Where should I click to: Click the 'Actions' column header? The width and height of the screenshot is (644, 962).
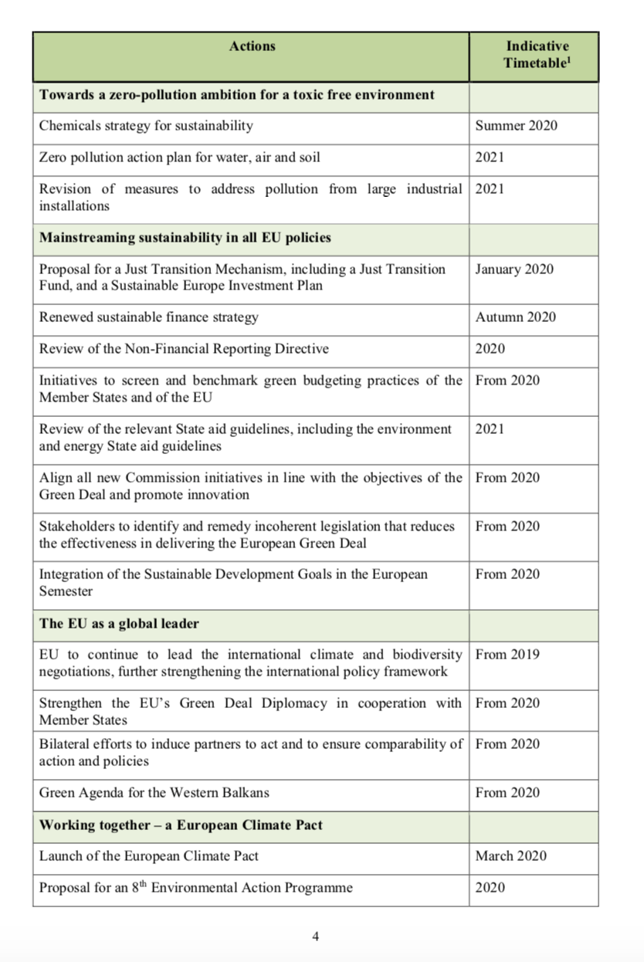coord(252,46)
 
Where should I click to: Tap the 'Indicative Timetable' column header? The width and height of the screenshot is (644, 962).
coord(537,55)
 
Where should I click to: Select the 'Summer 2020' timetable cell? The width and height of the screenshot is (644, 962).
coord(516,125)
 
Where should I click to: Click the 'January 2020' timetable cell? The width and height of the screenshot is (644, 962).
coord(514,269)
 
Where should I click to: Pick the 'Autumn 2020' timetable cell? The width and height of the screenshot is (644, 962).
coord(515,317)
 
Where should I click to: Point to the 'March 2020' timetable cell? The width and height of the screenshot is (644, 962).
coord(510,855)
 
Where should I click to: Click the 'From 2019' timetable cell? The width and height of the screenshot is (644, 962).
coord(507,655)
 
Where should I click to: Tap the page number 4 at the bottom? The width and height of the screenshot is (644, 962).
coord(315,937)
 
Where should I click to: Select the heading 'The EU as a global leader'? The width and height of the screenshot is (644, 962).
coord(119,623)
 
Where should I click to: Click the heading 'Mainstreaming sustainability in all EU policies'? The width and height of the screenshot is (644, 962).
coord(185,238)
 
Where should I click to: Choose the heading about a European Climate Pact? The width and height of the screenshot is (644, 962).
coord(181,825)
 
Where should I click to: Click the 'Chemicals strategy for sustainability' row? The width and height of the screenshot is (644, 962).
coord(146,125)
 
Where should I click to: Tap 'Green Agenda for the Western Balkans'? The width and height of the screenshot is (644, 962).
coord(154,792)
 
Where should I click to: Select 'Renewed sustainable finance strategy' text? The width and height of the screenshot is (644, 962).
coord(148,317)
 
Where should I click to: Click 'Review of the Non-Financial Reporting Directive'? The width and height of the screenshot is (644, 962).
coord(184,349)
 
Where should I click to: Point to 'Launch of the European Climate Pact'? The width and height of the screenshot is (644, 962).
coord(148,855)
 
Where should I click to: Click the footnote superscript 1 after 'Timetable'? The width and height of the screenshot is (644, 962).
coord(569,59)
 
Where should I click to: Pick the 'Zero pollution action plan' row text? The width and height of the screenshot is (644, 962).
coord(179,158)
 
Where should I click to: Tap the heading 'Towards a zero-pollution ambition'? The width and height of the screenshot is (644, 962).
coord(236,95)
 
